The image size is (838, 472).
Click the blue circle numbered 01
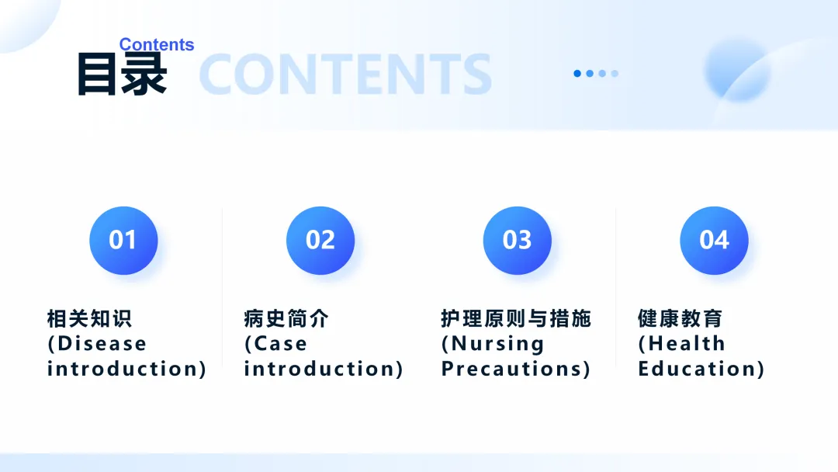pyautogui.click(x=123, y=241)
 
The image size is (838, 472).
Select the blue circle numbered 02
pyautogui.click(x=320, y=241)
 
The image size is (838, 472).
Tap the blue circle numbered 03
pyautogui.click(x=518, y=241)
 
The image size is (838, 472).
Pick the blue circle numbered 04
pyautogui.click(x=714, y=241)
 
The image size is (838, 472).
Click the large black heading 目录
pyautogui.click(x=123, y=75)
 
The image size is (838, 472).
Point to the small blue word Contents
pyautogui.click(x=157, y=44)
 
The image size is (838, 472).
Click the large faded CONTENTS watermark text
pyautogui.click(x=345, y=75)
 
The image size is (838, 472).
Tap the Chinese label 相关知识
pyautogui.click(x=89, y=318)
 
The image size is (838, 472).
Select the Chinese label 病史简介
pyautogui.click(x=286, y=318)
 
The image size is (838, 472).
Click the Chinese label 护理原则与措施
pyautogui.click(x=516, y=318)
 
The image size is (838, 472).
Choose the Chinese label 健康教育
pyautogui.click(x=680, y=318)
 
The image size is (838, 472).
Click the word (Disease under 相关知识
pyautogui.click(x=97, y=344)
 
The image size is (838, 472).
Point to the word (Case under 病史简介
pyautogui.click(x=275, y=344)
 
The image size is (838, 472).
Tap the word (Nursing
pyautogui.click(x=492, y=344)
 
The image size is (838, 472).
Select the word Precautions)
pyautogui.click(x=516, y=369)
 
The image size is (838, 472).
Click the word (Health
pyautogui.click(x=681, y=344)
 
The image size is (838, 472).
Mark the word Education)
pyautogui.click(x=701, y=369)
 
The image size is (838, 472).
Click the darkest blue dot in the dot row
pyautogui.click(x=577, y=73)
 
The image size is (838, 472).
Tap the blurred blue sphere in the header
pyautogui.click(x=738, y=70)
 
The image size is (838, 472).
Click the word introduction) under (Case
pyautogui.click(x=324, y=369)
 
